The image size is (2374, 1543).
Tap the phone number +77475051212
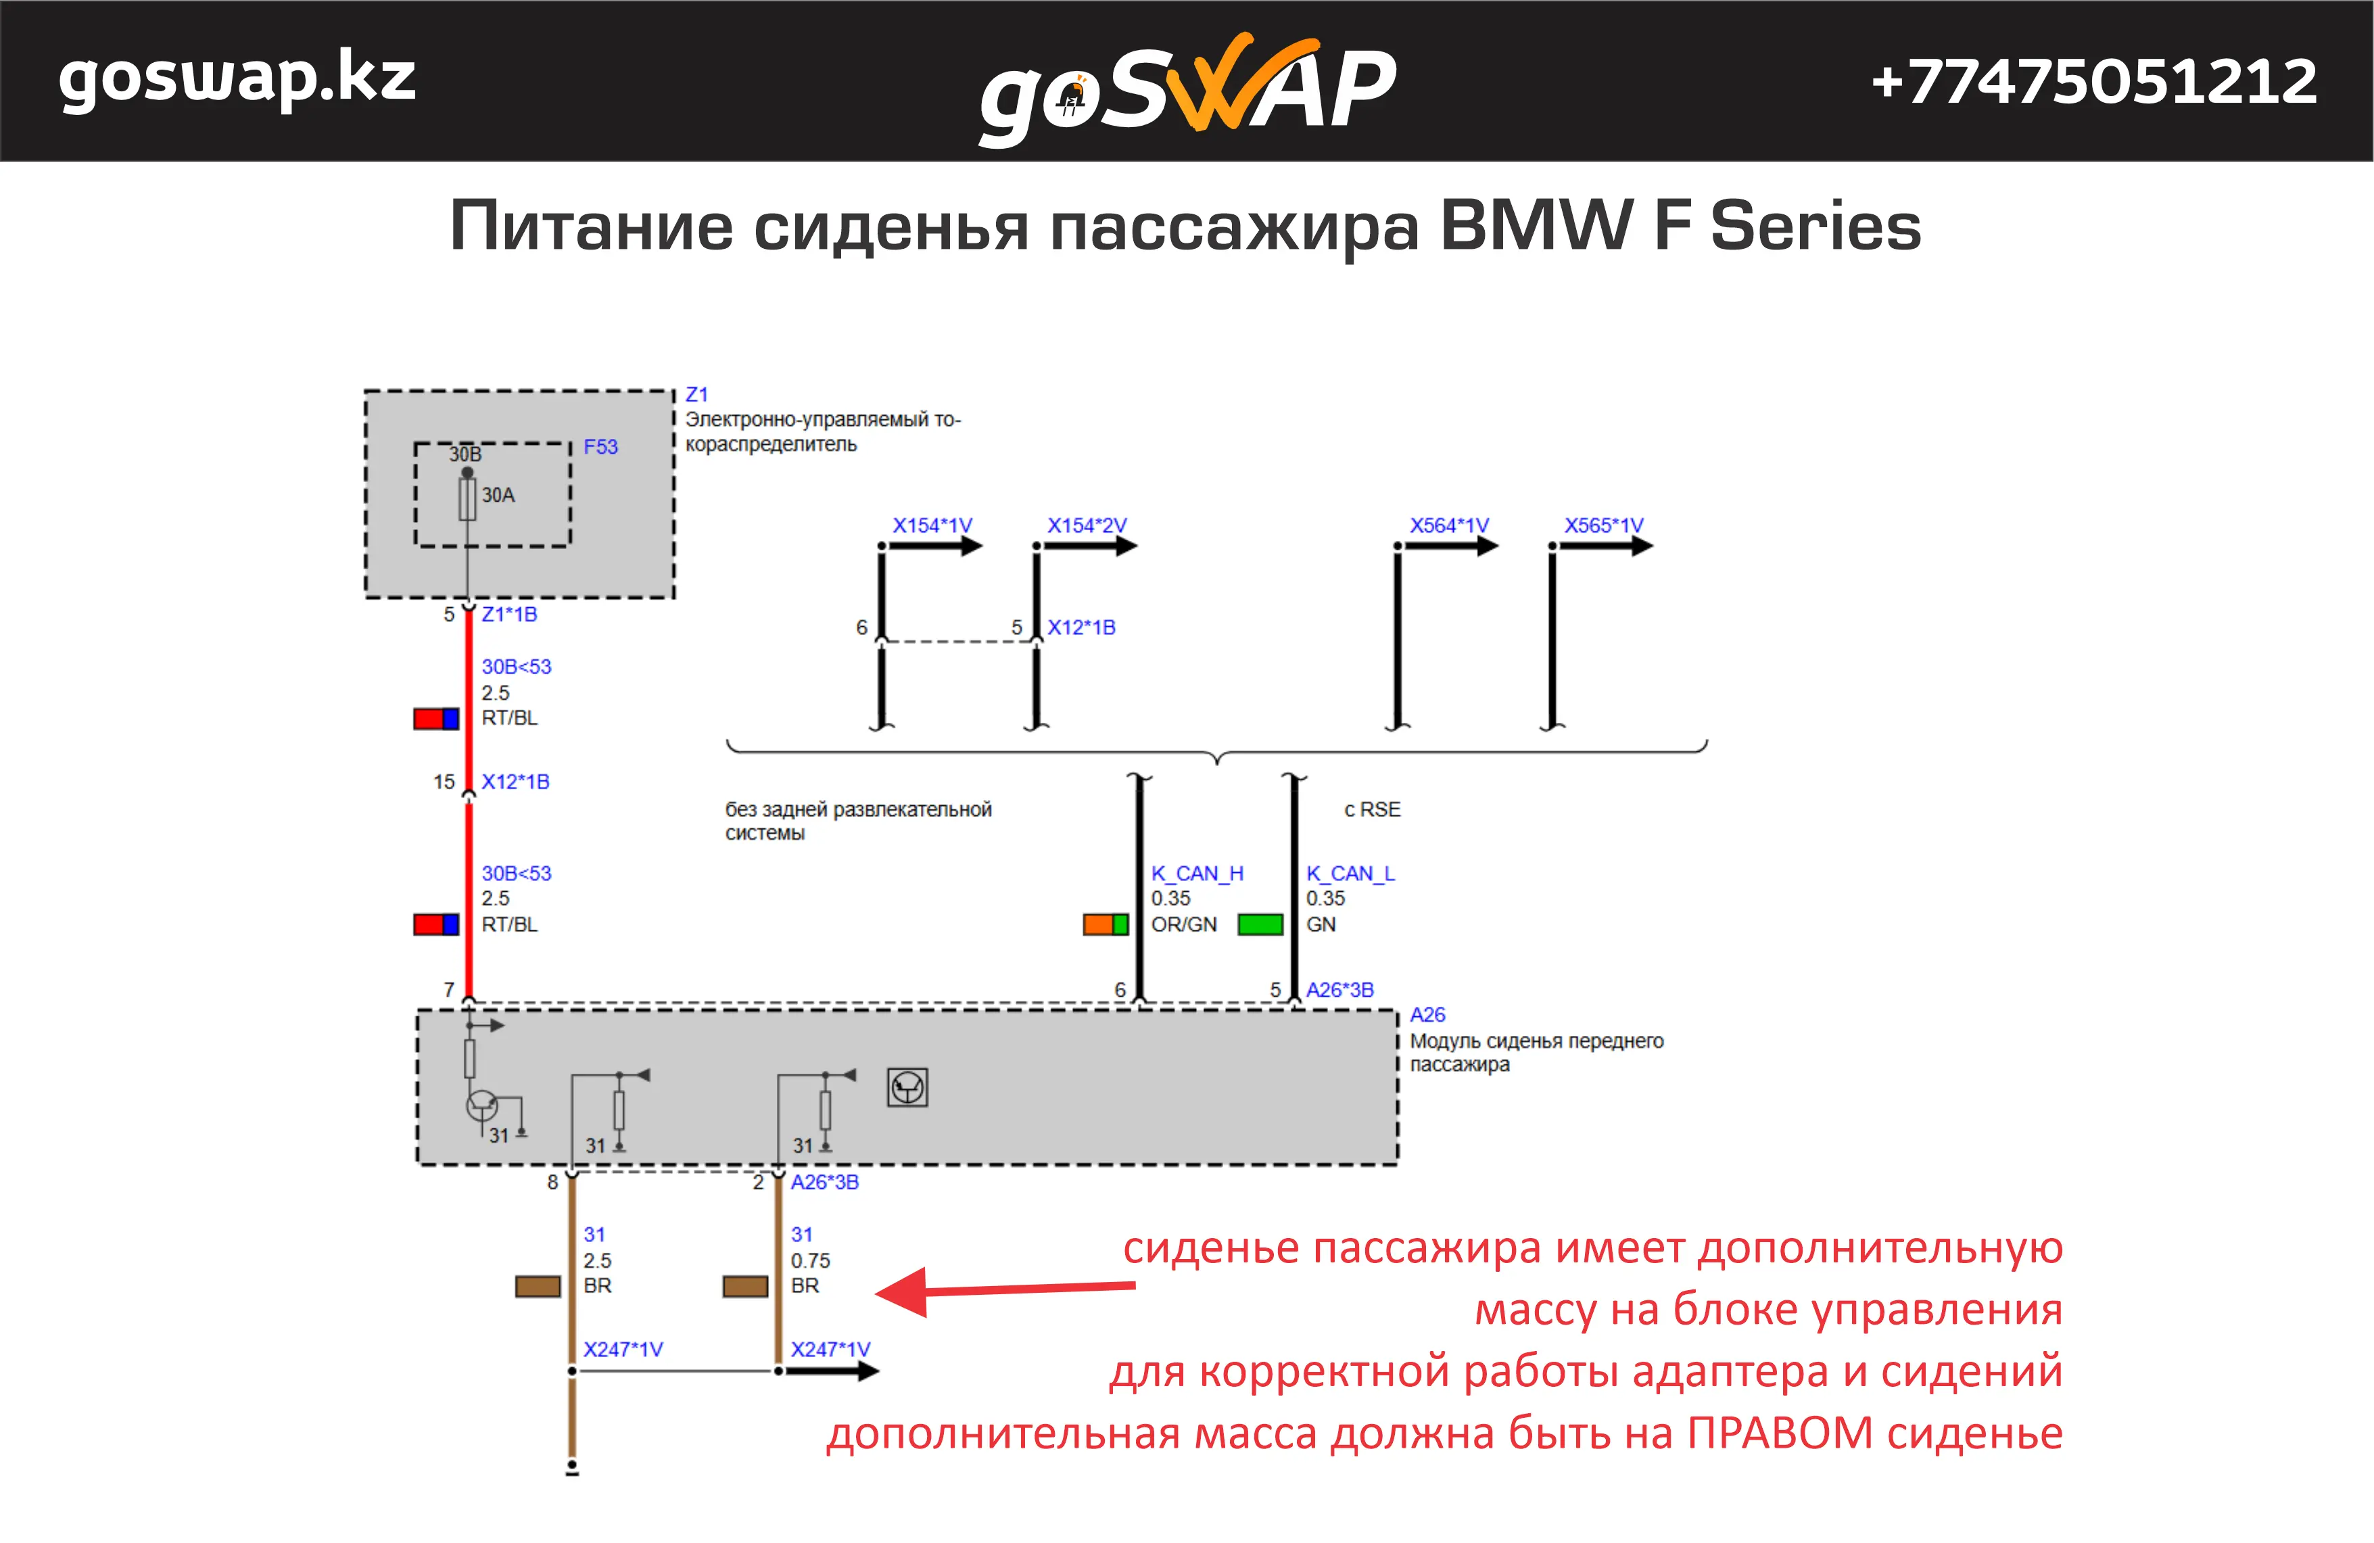pyautogui.click(x=2093, y=82)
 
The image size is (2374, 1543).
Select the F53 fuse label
pyautogui.click(x=600, y=447)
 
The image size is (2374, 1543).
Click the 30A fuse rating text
pyautogui.click(x=498, y=495)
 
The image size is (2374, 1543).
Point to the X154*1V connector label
pyautogui.click(x=932, y=525)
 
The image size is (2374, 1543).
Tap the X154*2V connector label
pyautogui.click(x=1087, y=525)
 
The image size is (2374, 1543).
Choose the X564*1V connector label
pyautogui.click(x=1448, y=525)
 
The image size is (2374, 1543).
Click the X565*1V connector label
pyautogui.click(x=1603, y=525)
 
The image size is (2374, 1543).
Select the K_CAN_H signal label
pyautogui.click(x=1197, y=874)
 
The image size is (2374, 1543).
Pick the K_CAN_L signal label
pyautogui.click(x=1350, y=874)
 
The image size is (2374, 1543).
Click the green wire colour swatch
pyautogui.click(x=1260, y=924)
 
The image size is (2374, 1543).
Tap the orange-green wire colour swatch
pyautogui.click(x=1106, y=924)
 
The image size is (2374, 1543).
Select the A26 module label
pyautogui.click(x=1427, y=1014)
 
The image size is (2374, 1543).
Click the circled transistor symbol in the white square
pyautogui.click(x=907, y=1087)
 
